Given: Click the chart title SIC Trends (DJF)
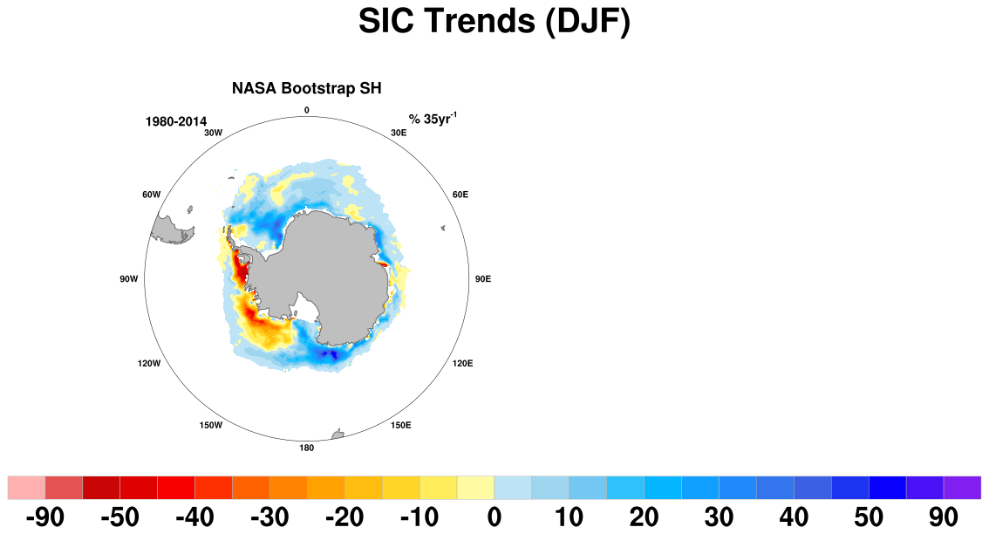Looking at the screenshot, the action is click(494, 21).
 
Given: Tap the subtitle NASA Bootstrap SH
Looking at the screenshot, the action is click(306, 88).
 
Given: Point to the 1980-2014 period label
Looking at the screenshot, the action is click(176, 122).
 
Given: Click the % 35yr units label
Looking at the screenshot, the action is click(433, 119).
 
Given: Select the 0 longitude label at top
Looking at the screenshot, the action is click(306, 111).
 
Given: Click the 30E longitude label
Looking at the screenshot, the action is click(399, 133).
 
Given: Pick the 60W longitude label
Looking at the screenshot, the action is click(152, 195).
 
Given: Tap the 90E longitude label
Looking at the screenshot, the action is click(482, 279).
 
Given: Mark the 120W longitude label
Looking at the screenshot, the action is click(149, 364).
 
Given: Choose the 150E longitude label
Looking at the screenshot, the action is click(400, 426).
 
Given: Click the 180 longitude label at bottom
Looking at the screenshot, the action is click(306, 448).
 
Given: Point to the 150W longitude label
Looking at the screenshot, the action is click(211, 426).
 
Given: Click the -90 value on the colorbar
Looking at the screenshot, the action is click(44, 517).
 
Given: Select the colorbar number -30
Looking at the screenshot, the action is click(269, 517).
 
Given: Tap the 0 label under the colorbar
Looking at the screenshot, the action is click(494, 517).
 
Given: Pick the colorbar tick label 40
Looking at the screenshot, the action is click(794, 517).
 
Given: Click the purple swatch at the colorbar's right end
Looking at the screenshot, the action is click(963, 488).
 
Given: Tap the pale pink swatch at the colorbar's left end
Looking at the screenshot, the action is click(26, 488).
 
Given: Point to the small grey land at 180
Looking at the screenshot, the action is click(338, 435).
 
